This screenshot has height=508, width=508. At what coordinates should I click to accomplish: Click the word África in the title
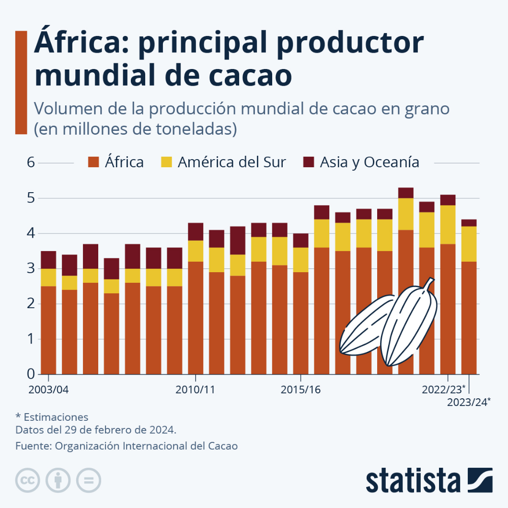pos(80,43)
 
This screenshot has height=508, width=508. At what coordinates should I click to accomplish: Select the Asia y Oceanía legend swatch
pos(309,162)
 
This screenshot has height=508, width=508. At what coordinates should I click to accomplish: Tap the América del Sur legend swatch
pos(166,162)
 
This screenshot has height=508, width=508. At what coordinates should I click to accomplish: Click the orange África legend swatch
pos(94,162)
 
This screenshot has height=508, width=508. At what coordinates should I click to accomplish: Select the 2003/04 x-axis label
pos(48,389)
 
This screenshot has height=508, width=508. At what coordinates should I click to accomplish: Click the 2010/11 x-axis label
pos(196,389)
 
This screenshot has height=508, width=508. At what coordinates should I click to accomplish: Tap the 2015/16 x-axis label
pos(300,389)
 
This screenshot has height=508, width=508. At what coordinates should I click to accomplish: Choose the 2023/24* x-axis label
pos(469,402)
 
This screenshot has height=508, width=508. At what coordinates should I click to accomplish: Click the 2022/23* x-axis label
pos(443,389)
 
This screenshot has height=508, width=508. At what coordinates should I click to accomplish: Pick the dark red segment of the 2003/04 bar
pos(48,260)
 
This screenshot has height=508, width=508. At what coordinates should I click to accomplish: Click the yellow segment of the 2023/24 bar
pos(469,244)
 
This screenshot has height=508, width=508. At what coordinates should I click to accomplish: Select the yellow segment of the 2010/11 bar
pos(196,251)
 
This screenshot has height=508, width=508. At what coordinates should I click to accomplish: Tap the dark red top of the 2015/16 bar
pos(300,241)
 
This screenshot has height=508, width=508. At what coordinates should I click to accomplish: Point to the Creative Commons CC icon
pos(28,480)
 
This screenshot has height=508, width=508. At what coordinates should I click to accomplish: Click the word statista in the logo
pos(412,480)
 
